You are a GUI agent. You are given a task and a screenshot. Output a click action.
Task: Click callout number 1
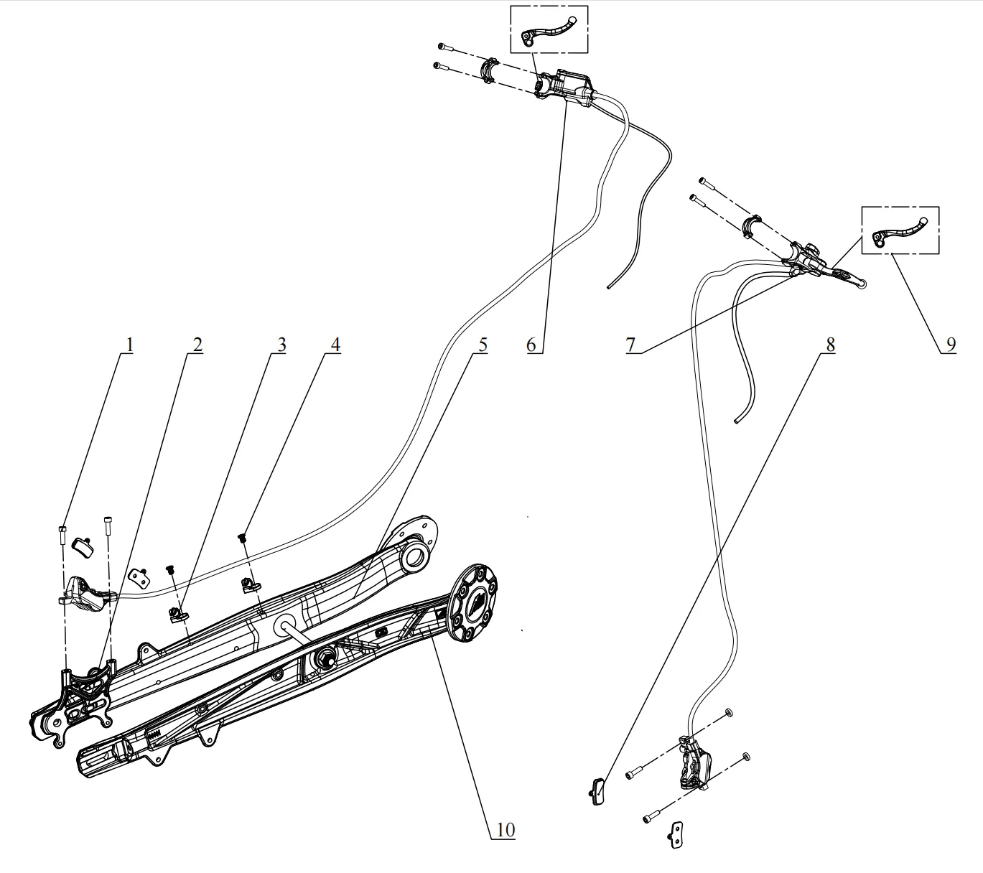pos(129,345)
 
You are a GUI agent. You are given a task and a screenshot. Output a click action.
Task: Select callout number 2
pos(197,345)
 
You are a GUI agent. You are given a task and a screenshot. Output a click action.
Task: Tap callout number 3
pos(281,345)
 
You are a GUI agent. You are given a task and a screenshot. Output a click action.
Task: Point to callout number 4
pos(335,345)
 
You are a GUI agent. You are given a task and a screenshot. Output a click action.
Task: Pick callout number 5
pos(483,345)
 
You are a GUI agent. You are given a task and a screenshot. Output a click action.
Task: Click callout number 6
pos(531,345)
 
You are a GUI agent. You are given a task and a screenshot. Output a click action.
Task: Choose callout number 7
pos(630,345)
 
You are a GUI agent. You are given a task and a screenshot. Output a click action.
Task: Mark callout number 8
pos(830,345)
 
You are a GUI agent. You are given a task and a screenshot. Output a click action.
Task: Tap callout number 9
pos(951,345)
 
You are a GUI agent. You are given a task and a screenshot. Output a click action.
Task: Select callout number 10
pos(505,830)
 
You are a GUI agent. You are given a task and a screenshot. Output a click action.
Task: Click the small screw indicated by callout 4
pos(243,537)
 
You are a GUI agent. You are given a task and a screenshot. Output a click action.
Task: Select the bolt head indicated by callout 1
pos(62,528)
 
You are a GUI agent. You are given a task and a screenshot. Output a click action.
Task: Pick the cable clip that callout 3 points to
pos(179,616)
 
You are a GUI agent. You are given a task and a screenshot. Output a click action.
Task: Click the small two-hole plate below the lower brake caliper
pos(676,835)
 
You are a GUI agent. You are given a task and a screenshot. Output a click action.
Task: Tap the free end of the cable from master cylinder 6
pos(608,288)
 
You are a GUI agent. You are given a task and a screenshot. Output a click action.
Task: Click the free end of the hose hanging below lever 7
pos(737,421)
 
